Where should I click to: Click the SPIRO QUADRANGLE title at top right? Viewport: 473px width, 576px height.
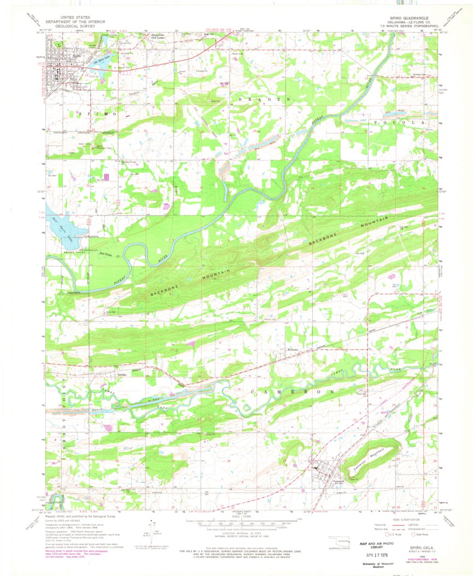point(407,18)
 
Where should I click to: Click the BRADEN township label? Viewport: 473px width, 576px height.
point(262,100)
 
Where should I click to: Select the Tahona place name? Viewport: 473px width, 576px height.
point(122,374)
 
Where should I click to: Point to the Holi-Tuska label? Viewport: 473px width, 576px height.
point(106,254)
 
